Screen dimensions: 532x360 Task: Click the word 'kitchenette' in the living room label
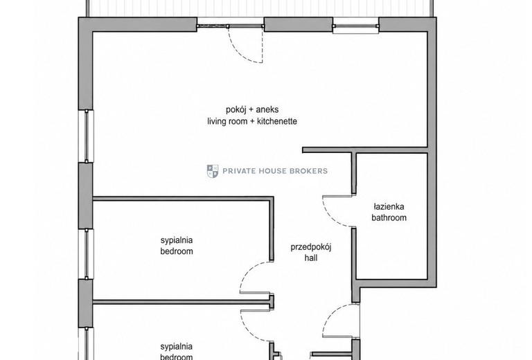coord(277,121)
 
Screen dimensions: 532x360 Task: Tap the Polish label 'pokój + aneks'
coord(252,109)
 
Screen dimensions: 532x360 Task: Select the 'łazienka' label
coord(389,206)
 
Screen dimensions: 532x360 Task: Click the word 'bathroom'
coord(389,217)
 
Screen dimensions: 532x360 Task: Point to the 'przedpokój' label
coord(311,246)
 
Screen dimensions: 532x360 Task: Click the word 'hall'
coord(311,258)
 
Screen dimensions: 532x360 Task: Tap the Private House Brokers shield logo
coord(213,171)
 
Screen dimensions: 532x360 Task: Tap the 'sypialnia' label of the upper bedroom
coord(177,240)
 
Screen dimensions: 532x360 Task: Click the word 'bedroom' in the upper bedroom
coord(177,251)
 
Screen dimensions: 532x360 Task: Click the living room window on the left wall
coord(86,136)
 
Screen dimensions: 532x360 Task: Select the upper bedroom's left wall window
coord(86,254)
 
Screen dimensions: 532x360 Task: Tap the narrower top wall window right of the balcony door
coord(355,26)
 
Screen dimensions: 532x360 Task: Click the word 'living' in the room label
coord(216,121)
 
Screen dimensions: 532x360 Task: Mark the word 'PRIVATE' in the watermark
coord(239,171)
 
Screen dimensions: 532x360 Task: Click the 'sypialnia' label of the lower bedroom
coord(177,346)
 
